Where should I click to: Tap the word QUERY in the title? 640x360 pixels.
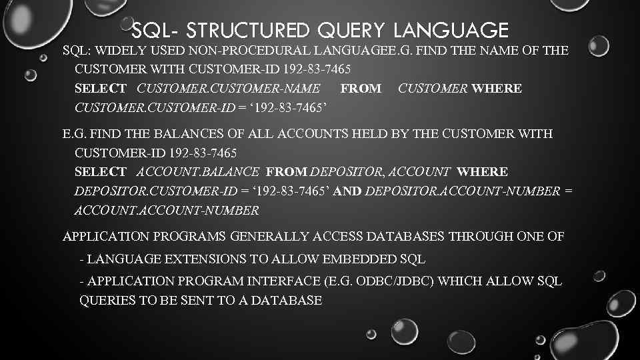(x=356, y=31)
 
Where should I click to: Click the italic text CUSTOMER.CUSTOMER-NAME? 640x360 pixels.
(x=228, y=88)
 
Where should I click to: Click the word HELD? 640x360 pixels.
(x=373, y=134)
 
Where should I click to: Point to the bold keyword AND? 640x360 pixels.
(x=348, y=191)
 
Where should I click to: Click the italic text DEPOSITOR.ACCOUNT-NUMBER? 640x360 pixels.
(x=463, y=191)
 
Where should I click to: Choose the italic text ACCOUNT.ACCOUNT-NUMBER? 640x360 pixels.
(x=166, y=211)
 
